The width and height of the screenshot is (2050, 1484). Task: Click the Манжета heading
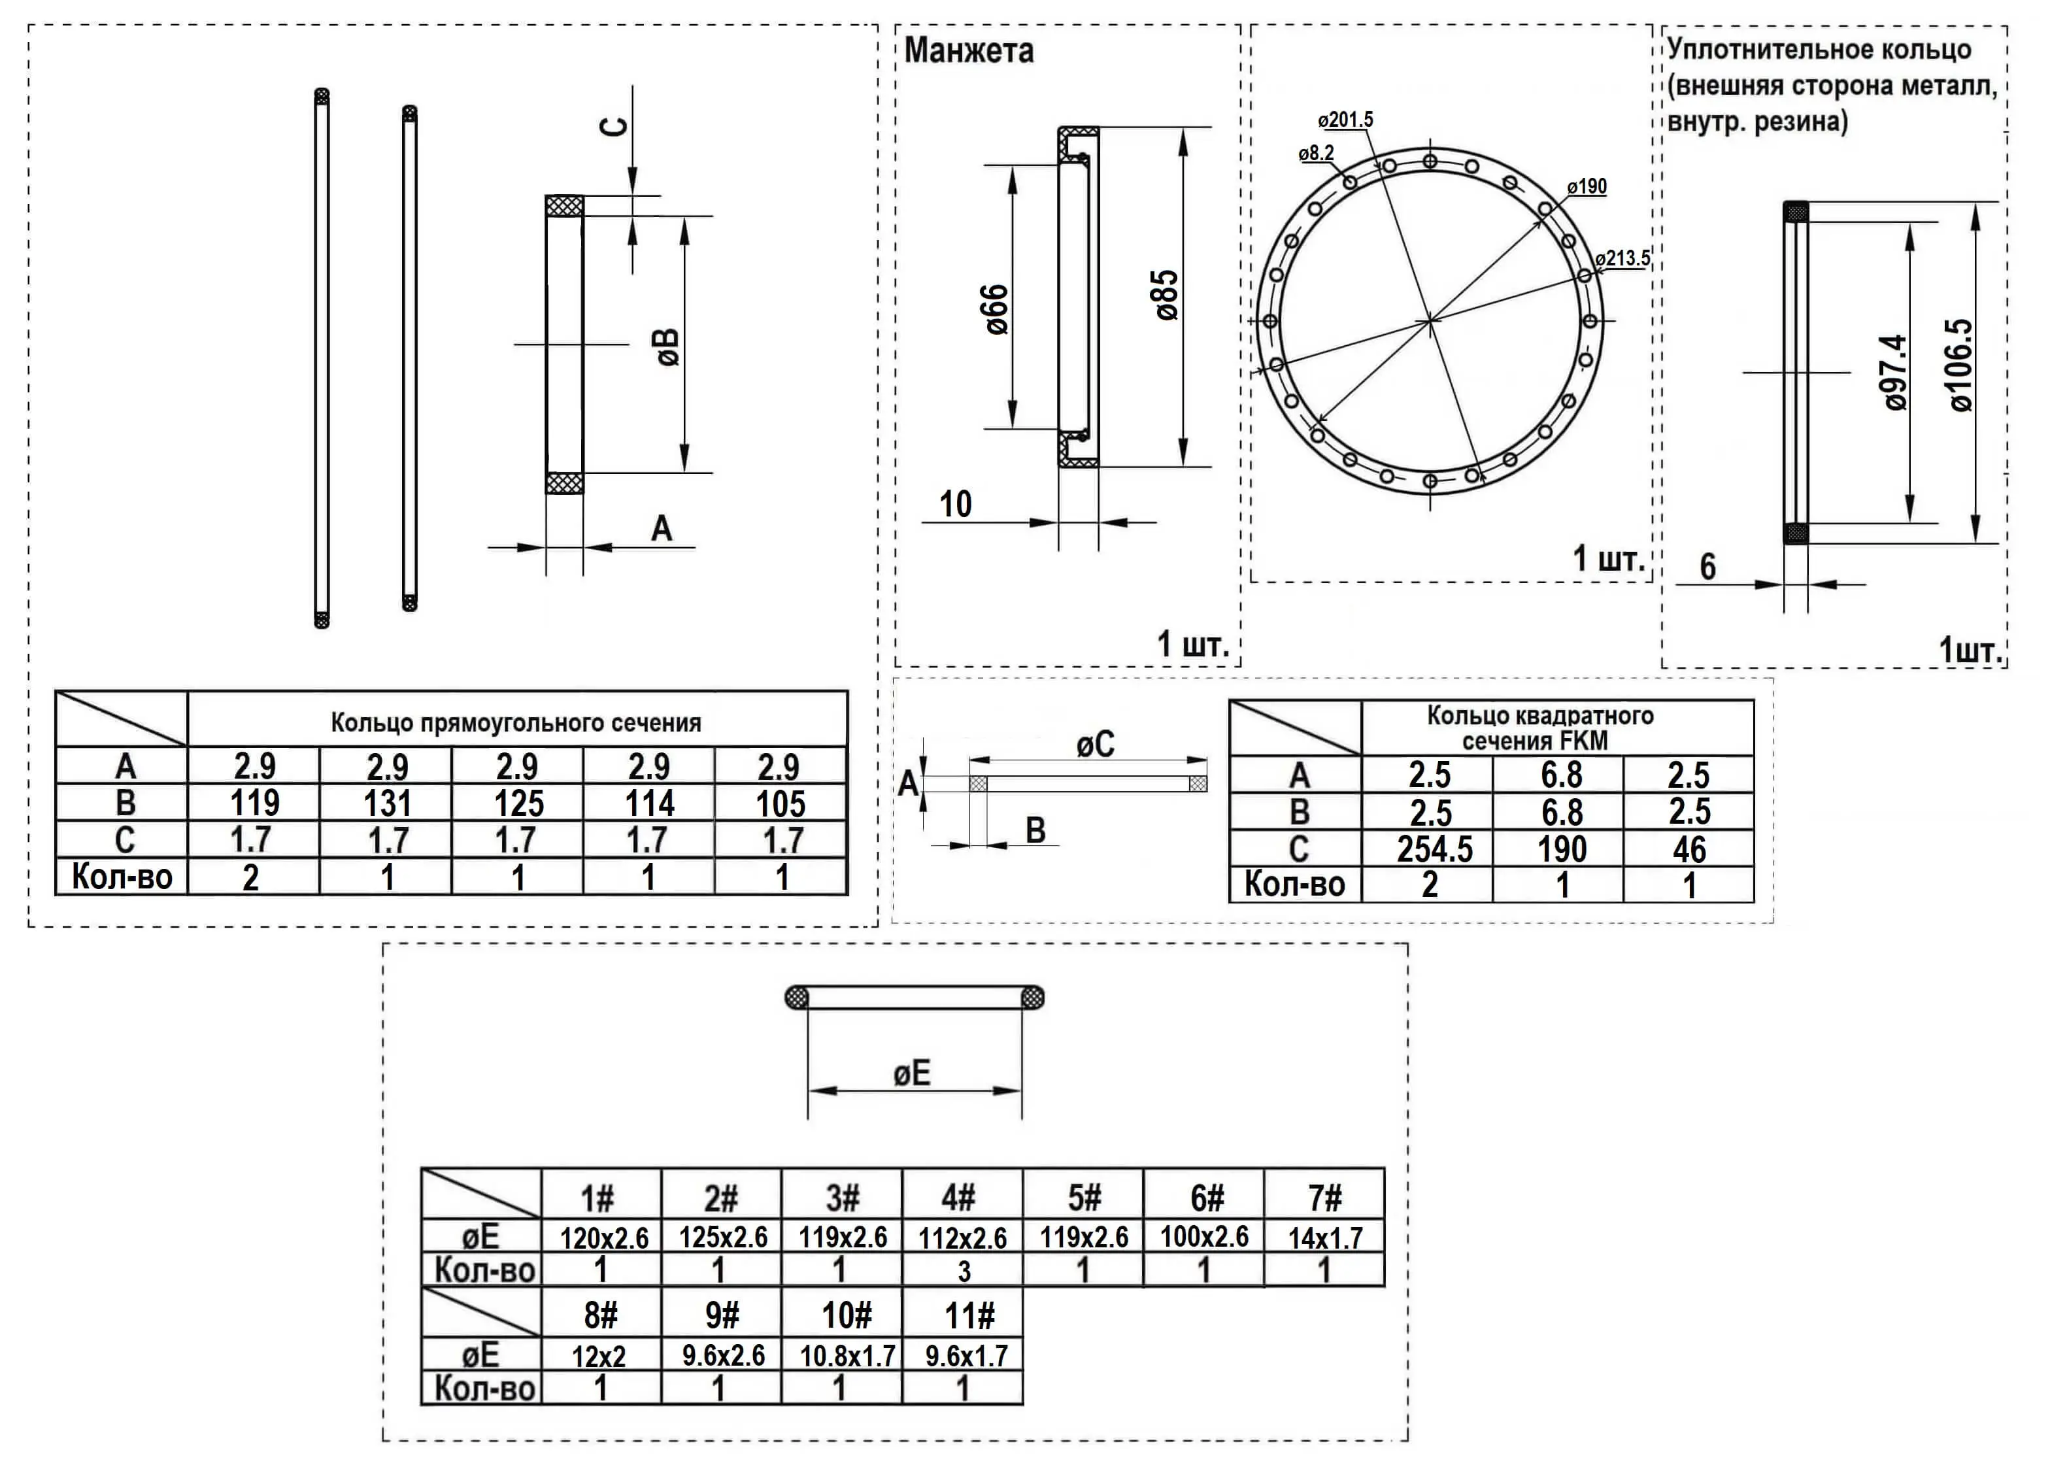point(968,50)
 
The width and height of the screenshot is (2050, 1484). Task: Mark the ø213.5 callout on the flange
point(1622,258)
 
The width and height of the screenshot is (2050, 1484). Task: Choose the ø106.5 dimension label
point(1960,365)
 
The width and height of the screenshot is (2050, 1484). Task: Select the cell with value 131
point(387,803)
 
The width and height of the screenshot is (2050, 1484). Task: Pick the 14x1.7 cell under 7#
point(1324,1238)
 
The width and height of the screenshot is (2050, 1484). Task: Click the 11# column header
point(969,1316)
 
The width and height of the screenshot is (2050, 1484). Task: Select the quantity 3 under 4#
point(964,1272)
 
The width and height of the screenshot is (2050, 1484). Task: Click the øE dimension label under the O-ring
point(911,1073)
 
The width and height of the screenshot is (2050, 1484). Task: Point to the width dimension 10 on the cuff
point(956,504)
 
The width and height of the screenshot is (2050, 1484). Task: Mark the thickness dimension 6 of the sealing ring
point(1707,567)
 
